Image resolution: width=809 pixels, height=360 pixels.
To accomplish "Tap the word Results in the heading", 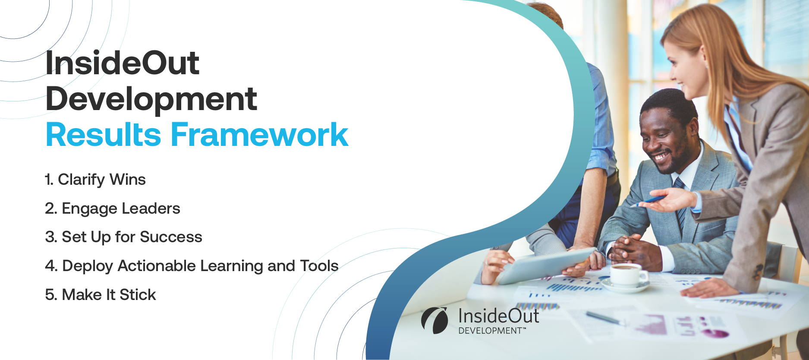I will (x=104, y=135).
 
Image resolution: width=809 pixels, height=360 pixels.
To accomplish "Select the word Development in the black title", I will (x=151, y=99).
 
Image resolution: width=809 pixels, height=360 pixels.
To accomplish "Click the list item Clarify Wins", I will (x=95, y=180).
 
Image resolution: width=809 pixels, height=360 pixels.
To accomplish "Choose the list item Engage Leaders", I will (x=113, y=208).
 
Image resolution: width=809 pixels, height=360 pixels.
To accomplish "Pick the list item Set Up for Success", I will (x=123, y=237).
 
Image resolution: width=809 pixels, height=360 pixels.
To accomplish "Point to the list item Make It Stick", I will (x=101, y=295).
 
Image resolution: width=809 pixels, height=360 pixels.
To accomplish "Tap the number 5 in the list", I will (x=49, y=295).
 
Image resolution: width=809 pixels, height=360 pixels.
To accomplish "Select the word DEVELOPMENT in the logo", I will (x=490, y=331).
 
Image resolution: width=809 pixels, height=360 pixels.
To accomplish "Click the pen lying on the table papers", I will (x=604, y=318).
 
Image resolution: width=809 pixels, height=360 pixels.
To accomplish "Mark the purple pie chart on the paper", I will (x=714, y=333).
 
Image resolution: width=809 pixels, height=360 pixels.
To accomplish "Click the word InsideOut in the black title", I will (x=122, y=63).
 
